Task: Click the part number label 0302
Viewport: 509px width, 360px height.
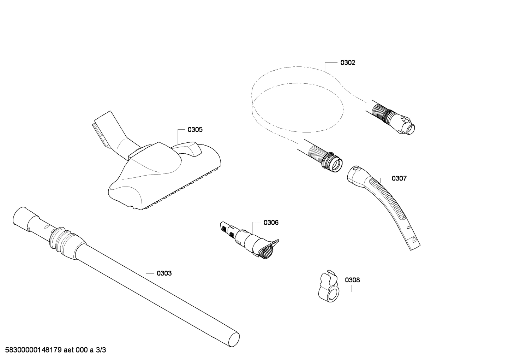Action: [347, 63]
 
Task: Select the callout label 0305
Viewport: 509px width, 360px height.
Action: [195, 130]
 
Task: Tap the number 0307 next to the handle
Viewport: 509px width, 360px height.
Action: [399, 178]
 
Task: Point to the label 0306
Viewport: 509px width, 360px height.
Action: [271, 223]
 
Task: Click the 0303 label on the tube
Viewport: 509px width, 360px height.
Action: [164, 273]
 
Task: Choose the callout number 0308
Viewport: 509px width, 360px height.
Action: [352, 280]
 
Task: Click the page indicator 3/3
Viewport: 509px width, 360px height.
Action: [101, 350]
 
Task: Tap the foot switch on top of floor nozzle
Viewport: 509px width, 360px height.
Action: [189, 148]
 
